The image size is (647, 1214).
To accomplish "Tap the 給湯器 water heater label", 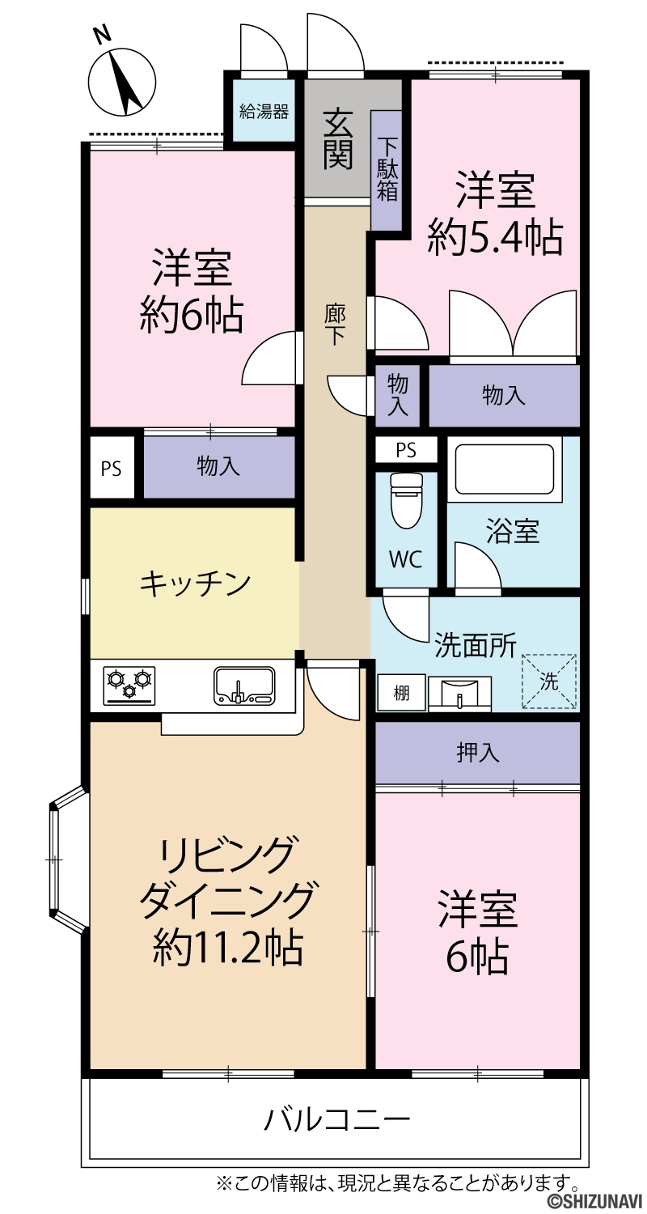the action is [264, 112].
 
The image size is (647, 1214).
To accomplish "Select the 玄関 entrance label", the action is [337, 139].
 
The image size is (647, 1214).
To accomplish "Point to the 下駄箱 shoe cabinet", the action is [387, 170].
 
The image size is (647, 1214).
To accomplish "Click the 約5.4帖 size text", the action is [495, 237].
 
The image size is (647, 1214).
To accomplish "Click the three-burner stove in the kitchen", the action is [129, 686].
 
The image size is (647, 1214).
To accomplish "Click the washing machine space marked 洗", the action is [549, 681].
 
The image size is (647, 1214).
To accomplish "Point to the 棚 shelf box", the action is [401, 693].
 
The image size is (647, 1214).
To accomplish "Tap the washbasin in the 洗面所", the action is [459, 693].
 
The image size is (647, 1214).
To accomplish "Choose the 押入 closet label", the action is [477, 753].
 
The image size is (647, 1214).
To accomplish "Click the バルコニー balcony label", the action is [336, 1118].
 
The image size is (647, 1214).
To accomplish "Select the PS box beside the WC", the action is [406, 450].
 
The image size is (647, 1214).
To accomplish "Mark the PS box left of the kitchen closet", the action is [112, 469].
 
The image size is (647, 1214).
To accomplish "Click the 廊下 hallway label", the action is [336, 325].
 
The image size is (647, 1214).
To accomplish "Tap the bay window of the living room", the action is [68, 860].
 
